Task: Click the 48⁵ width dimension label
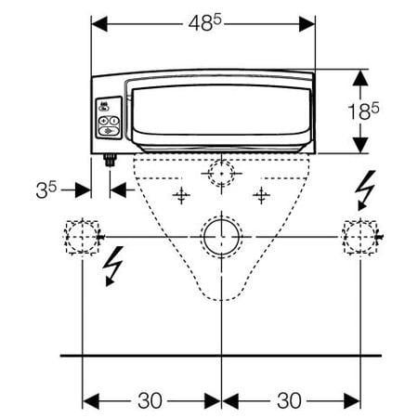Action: [x=205, y=23]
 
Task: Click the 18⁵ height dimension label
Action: [x=363, y=111]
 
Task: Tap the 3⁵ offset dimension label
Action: [x=46, y=189]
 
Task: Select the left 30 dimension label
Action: [x=150, y=400]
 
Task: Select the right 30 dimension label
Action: [x=289, y=400]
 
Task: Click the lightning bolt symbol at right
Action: [x=366, y=190]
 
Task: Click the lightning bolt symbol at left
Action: [x=113, y=267]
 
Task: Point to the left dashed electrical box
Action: [x=82, y=237]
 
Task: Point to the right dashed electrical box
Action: [x=360, y=237]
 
